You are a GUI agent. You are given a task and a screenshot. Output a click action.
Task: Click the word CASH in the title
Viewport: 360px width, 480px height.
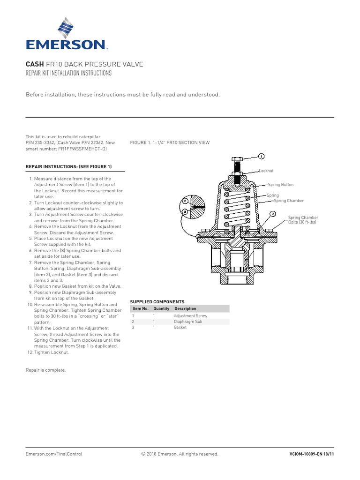(x=34, y=64)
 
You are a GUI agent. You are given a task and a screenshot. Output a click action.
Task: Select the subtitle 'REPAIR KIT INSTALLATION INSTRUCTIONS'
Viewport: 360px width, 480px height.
(x=68, y=74)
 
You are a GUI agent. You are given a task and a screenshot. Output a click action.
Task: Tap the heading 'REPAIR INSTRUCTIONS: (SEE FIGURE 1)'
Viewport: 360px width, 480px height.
(x=68, y=167)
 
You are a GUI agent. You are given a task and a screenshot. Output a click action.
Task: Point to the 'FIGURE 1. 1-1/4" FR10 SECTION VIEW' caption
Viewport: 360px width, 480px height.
(x=170, y=142)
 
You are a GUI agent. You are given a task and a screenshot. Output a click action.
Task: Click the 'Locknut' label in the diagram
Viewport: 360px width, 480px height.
(x=266, y=172)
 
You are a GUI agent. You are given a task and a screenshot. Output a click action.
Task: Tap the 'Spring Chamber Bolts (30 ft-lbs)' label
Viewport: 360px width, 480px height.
(x=303, y=220)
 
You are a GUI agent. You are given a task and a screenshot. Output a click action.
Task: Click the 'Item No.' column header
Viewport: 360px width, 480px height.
(x=140, y=309)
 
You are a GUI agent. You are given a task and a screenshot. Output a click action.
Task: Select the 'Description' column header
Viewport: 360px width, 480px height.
(x=185, y=309)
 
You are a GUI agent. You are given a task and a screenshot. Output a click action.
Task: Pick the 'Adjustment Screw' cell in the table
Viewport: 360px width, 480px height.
(x=190, y=316)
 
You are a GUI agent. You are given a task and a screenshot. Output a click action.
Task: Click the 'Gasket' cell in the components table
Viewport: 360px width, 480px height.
(x=180, y=328)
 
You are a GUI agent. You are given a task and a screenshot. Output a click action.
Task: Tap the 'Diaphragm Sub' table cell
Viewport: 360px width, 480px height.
(x=187, y=322)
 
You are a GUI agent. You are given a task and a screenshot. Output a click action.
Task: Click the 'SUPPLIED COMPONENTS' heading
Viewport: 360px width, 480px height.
(x=157, y=302)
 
